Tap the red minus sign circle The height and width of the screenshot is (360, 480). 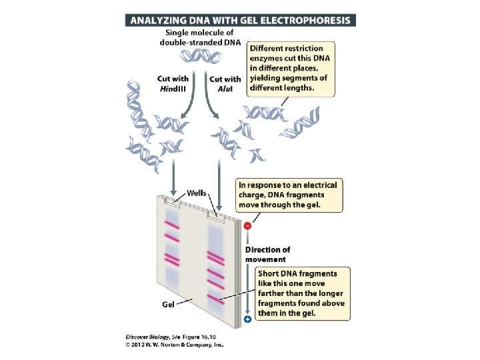click(x=248, y=225)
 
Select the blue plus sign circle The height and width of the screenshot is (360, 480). click(x=248, y=319)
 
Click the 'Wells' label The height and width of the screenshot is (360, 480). click(x=196, y=193)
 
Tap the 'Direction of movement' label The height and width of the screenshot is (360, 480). click(x=267, y=254)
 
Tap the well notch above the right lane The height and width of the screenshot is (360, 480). click(x=215, y=215)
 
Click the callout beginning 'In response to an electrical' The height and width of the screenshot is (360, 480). click(x=289, y=195)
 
